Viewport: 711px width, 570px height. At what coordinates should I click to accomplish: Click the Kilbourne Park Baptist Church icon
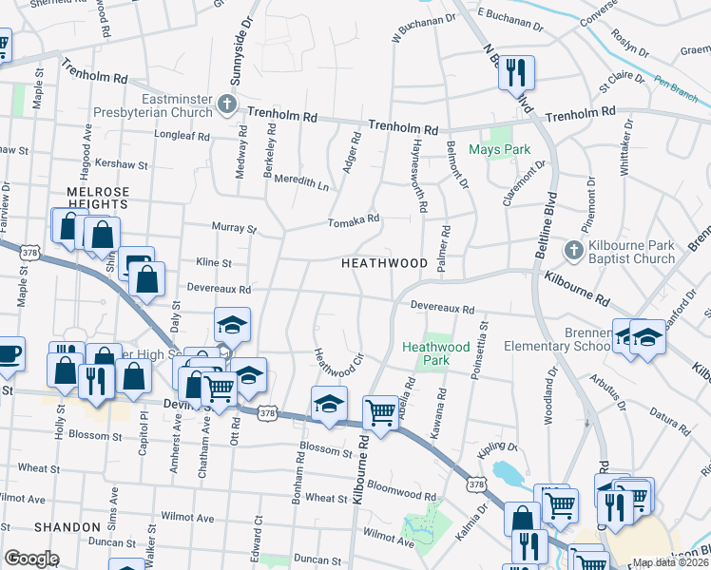pos(571,250)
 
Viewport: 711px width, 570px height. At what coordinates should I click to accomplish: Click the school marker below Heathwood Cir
pos(329,404)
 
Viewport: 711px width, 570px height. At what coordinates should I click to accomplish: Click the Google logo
pos(31,559)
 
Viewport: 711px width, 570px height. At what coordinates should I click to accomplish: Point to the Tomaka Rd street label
pos(354,219)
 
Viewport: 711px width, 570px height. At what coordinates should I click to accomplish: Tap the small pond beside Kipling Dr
pos(504,470)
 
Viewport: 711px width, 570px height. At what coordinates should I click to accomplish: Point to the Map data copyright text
pos(671,562)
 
